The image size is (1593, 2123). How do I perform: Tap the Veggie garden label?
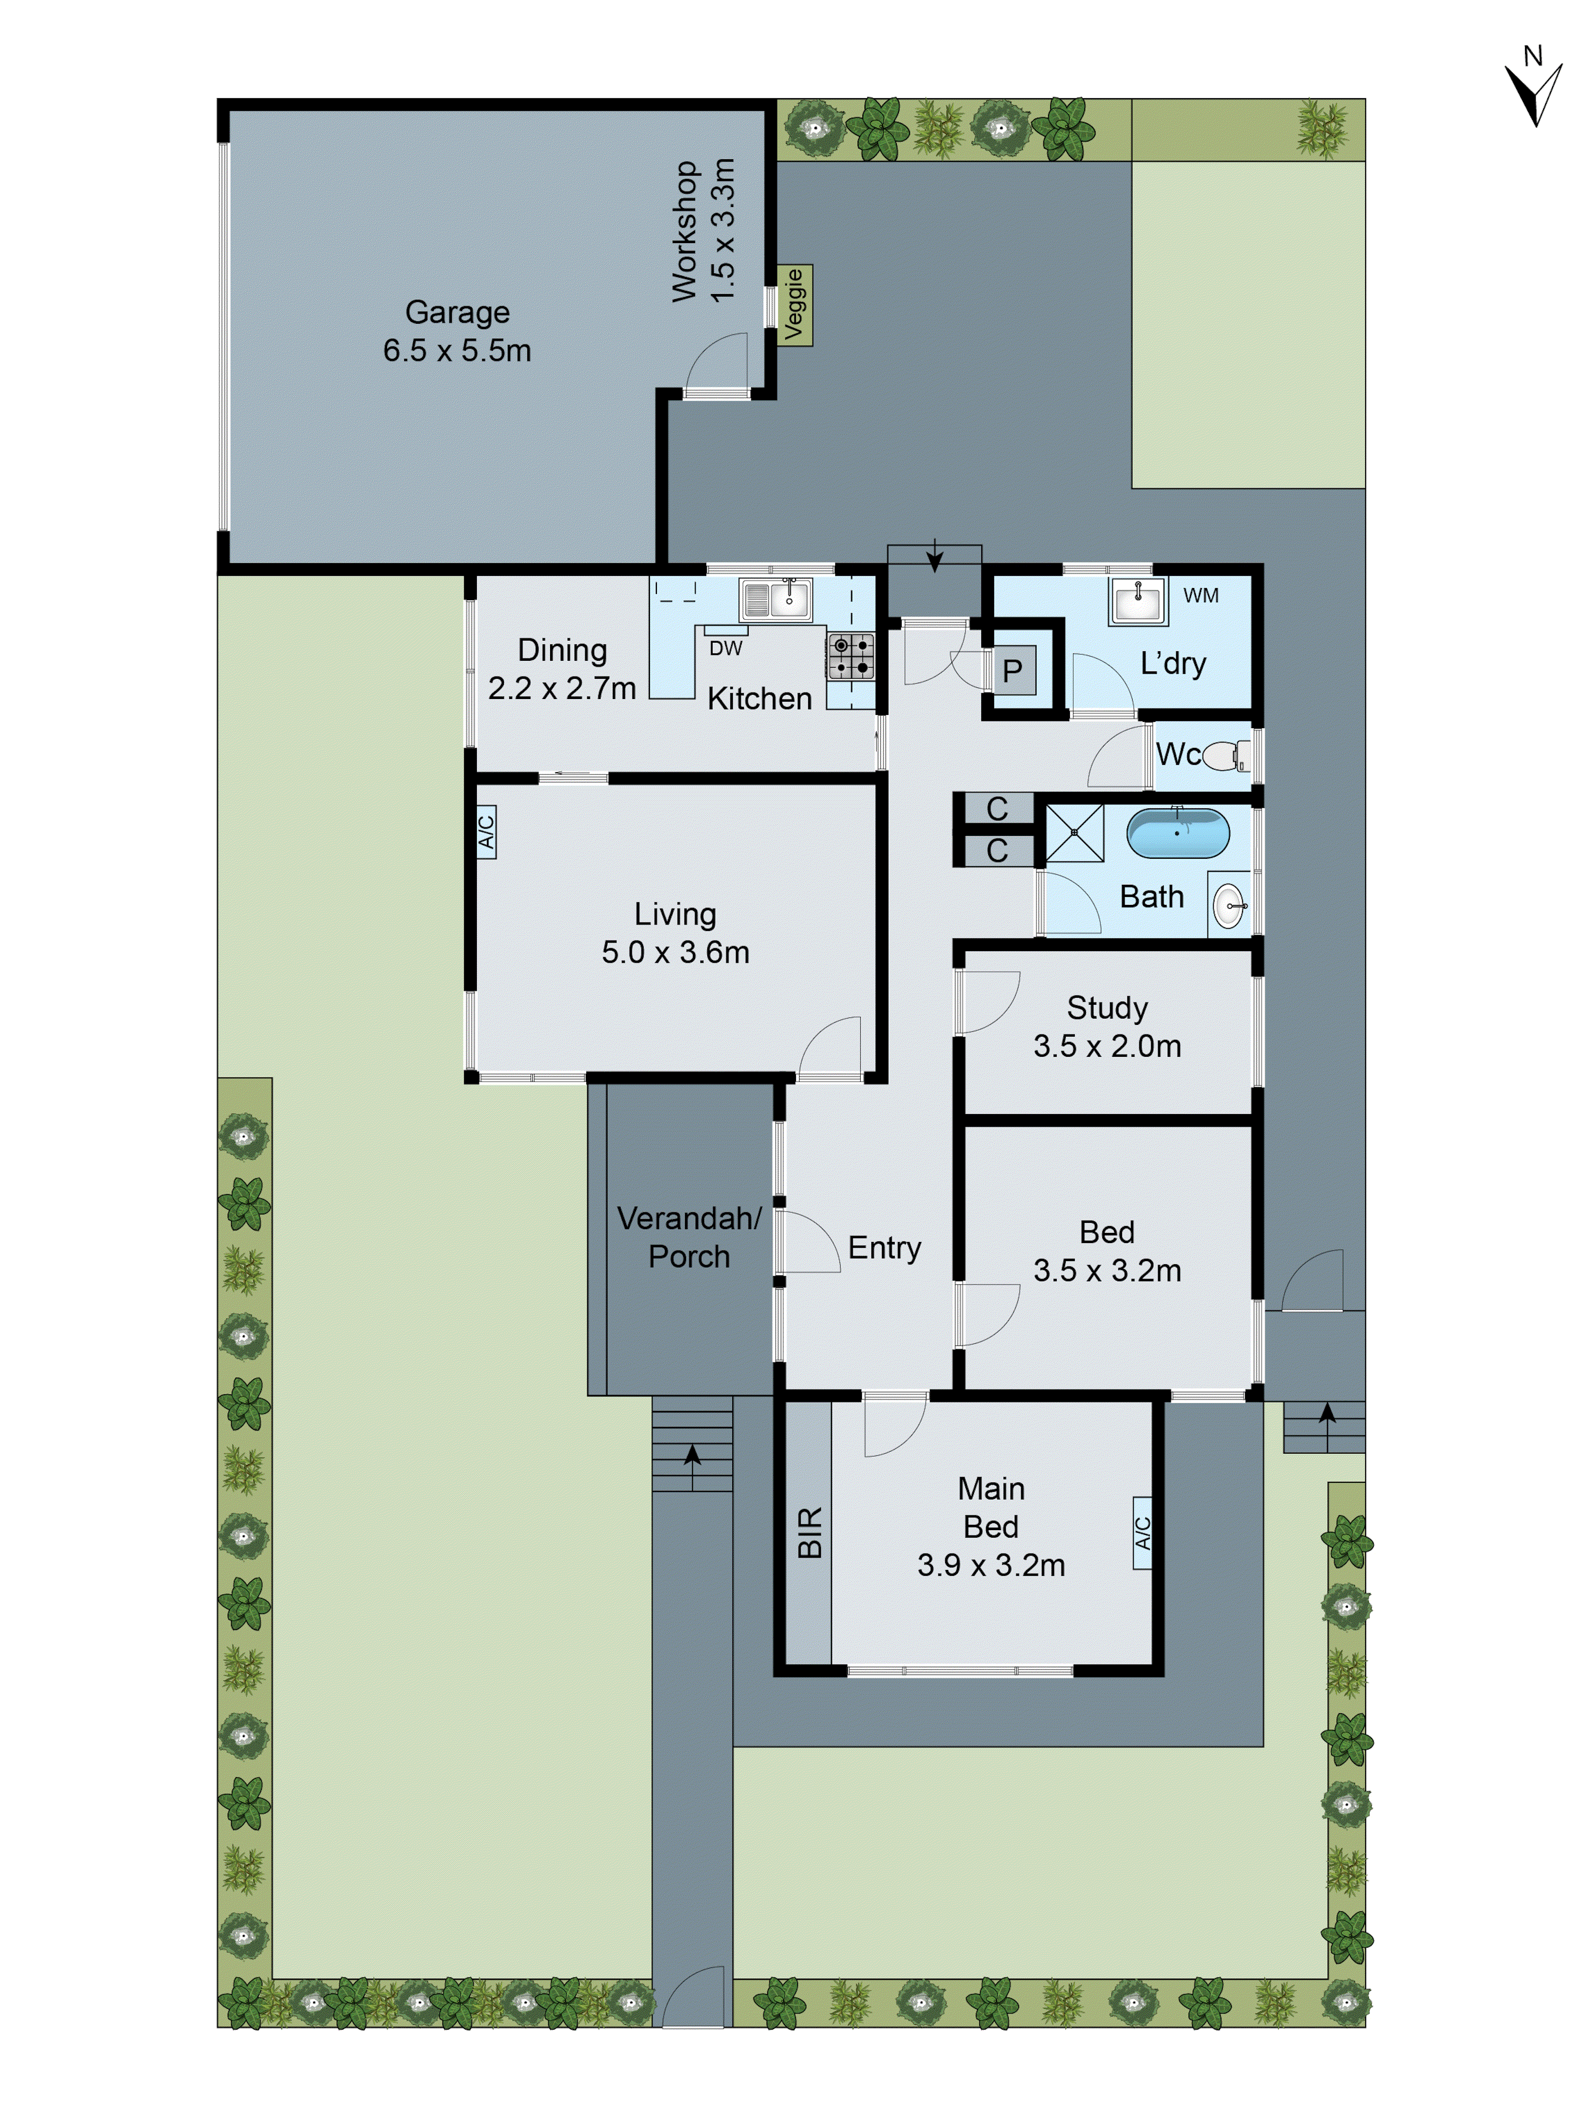tap(794, 304)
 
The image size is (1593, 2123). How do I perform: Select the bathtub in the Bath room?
tap(1177, 833)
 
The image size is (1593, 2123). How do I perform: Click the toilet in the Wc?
tap(1225, 755)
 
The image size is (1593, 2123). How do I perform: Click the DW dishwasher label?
tap(726, 648)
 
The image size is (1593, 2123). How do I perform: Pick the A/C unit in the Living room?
tap(486, 831)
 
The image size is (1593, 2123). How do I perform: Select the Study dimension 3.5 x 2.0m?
tap(1107, 1045)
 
